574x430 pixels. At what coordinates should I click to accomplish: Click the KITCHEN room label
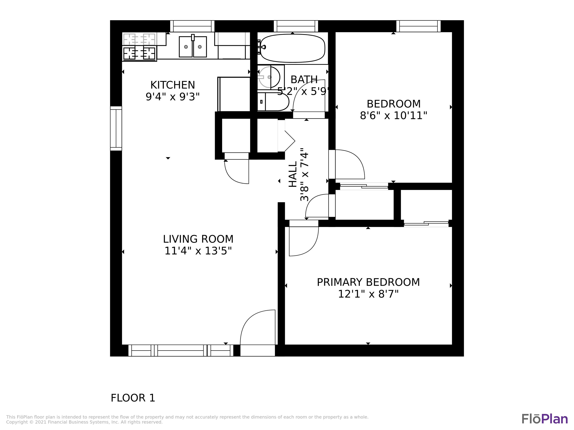pyautogui.click(x=173, y=85)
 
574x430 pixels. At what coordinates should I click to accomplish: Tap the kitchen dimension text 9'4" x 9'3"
pyautogui.click(x=173, y=97)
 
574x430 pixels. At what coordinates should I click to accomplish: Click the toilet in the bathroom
pyautogui.click(x=274, y=102)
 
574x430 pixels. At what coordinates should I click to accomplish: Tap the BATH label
pyautogui.click(x=304, y=80)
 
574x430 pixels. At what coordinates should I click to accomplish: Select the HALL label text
pyautogui.click(x=293, y=174)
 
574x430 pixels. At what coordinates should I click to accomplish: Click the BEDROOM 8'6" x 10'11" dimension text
pyautogui.click(x=393, y=115)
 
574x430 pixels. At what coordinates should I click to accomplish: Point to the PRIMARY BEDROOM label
pyautogui.click(x=368, y=282)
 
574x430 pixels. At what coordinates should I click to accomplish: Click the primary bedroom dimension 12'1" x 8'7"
pyautogui.click(x=368, y=294)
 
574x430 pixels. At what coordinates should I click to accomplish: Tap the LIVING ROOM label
pyautogui.click(x=198, y=239)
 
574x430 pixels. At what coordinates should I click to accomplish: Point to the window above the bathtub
pyautogui.click(x=296, y=26)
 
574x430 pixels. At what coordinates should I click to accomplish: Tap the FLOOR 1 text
pyautogui.click(x=133, y=398)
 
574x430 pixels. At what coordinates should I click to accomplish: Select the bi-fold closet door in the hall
pyautogui.click(x=288, y=141)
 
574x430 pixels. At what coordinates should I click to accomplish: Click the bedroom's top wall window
pyautogui.click(x=418, y=26)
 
